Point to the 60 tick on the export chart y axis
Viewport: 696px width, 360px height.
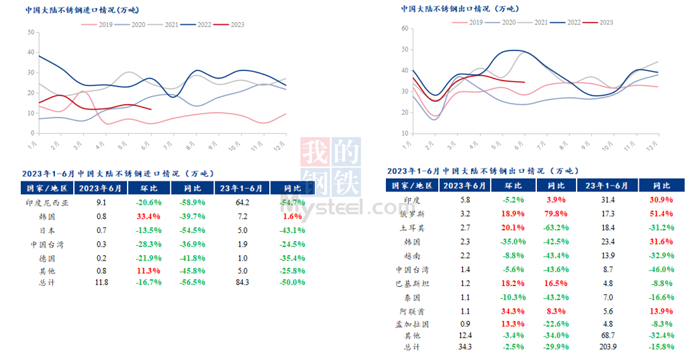tap(405, 28)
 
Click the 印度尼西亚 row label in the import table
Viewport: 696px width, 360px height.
tap(46, 201)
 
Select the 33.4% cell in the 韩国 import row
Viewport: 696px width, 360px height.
tap(147, 217)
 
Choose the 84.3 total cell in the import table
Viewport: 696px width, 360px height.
tap(242, 283)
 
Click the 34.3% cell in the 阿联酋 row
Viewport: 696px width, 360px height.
tap(513, 311)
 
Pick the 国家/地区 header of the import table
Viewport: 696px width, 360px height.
tap(46, 188)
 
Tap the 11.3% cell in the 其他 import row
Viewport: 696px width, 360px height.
tap(147, 270)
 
